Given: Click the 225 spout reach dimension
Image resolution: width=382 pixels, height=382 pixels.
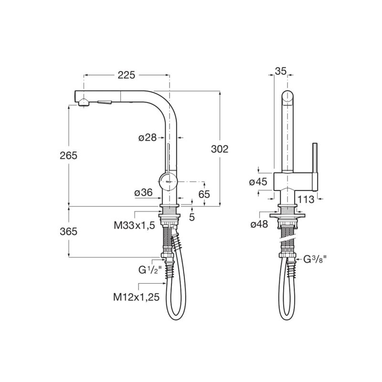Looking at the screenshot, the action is [126, 75].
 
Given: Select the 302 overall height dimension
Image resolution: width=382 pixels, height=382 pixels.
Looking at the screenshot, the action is [220, 149].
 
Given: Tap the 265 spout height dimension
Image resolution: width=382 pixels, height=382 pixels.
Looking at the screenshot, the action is [68, 155].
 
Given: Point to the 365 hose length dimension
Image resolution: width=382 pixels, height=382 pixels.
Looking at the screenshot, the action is [68, 231].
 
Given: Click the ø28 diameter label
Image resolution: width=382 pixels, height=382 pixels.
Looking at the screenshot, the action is [148, 138].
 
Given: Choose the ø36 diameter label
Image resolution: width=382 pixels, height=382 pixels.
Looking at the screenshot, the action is [144, 193].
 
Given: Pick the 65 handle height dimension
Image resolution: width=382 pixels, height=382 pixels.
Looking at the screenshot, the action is [204, 194].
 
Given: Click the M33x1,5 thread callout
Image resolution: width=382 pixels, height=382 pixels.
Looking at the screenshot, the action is [134, 225].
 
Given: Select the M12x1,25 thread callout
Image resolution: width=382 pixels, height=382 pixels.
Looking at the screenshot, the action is [136, 297].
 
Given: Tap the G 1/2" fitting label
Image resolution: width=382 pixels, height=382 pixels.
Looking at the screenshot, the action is [150, 270].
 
